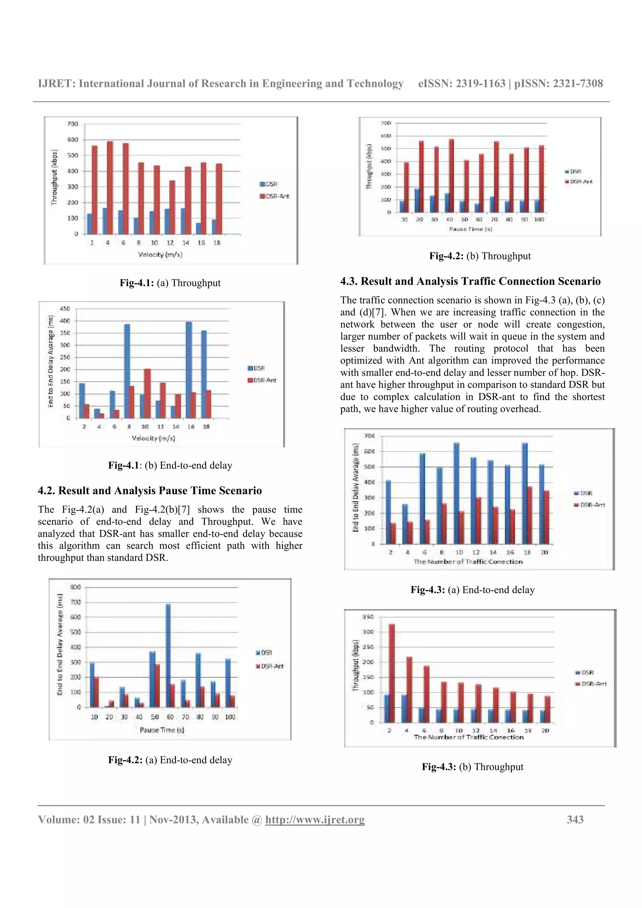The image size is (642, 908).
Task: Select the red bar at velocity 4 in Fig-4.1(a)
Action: [x=110, y=187]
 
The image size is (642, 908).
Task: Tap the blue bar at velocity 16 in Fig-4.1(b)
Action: [x=189, y=370]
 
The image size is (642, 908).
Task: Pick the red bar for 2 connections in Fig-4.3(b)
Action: [x=392, y=673]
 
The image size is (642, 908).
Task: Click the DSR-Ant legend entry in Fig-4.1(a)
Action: [x=275, y=196]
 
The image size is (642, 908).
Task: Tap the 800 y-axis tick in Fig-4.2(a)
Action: [x=75, y=587]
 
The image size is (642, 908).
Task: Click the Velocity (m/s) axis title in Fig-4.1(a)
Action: [x=160, y=254]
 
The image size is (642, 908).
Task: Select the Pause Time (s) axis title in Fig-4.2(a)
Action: [x=162, y=730]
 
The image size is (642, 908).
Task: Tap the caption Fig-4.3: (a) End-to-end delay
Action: [x=472, y=590]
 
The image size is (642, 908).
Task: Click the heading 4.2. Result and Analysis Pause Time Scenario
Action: [x=150, y=490]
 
